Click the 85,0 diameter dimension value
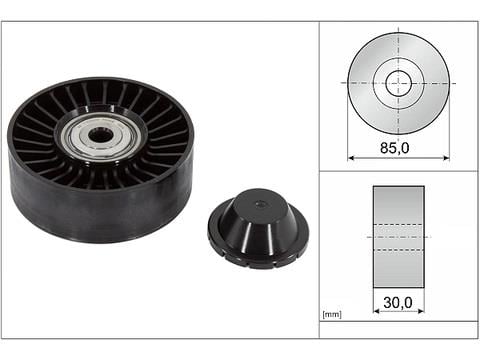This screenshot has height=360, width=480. [x=394, y=148]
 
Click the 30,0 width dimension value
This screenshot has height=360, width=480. [x=398, y=303]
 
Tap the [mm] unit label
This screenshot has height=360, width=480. [x=332, y=314]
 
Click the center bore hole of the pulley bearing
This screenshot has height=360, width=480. [x=98, y=136]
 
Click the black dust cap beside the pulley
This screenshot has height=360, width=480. [x=258, y=228]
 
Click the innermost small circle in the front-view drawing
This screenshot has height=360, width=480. [x=399, y=83]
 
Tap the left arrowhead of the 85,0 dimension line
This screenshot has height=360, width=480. [x=351, y=158]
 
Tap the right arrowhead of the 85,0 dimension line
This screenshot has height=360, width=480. [x=446, y=158]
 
